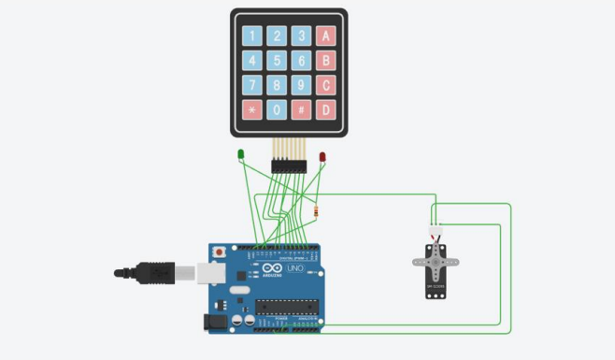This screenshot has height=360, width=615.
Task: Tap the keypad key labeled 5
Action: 277,61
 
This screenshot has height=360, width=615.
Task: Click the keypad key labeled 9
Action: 301,85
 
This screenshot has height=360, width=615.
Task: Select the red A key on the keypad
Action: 325,36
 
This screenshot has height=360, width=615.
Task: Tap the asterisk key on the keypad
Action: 252,109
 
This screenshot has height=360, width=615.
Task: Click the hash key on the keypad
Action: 301,109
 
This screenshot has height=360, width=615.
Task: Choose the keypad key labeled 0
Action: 277,109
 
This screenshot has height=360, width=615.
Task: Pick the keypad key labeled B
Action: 325,61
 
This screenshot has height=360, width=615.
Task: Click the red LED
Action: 322,157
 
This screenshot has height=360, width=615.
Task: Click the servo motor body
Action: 436,271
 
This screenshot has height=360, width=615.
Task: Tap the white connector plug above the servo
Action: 435,232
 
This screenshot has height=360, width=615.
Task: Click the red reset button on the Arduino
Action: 219,252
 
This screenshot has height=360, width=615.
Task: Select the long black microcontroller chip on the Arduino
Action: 286,306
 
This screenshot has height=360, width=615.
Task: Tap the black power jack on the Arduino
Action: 214,321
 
